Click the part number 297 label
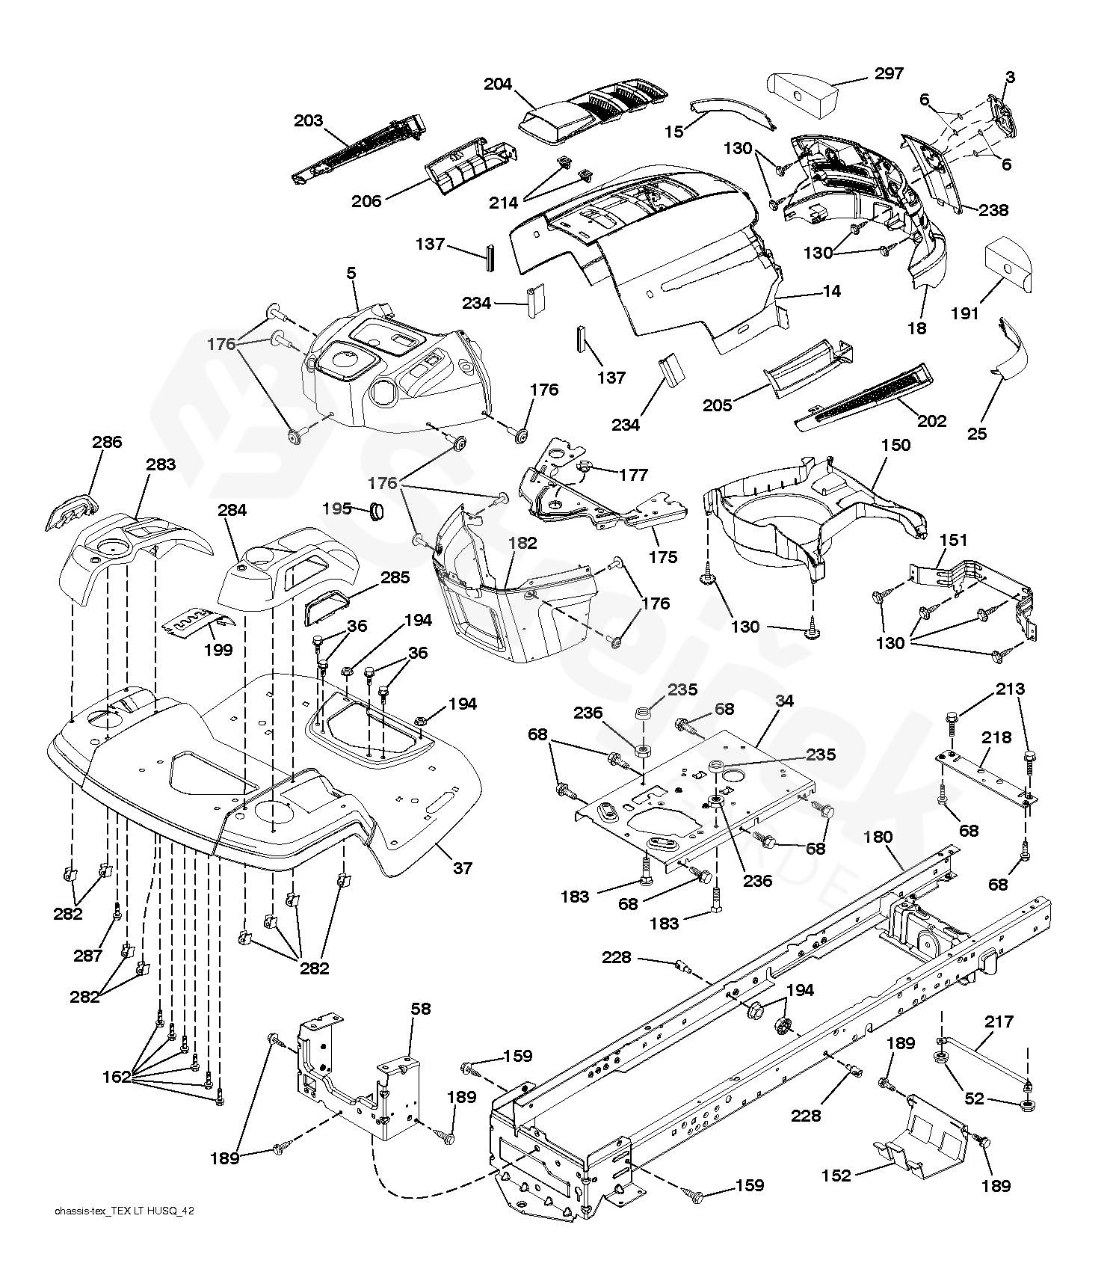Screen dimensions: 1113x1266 pyautogui.click(x=888, y=73)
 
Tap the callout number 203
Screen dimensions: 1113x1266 pyautogui.click(x=308, y=120)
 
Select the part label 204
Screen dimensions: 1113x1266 pyautogui.click(x=498, y=84)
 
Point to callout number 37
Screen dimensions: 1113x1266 pyautogui.click(x=463, y=868)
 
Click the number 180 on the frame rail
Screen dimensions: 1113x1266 pyautogui.click(x=878, y=837)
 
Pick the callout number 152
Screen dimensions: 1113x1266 pyautogui.click(x=836, y=1176)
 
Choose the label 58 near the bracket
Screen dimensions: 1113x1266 pyautogui.click(x=421, y=1009)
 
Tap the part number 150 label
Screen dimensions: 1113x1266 pyautogui.click(x=895, y=445)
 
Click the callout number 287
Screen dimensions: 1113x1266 pyautogui.click(x=88, y=955)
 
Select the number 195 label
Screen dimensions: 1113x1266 pyautogui.click(x=336, y=508)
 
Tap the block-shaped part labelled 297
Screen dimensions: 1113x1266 pyautogui.click(x=804, y=93)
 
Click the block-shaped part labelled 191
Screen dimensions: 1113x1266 pyautogui.click(x=1010, y=265)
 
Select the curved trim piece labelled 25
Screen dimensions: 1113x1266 pyautogui.click(x=1013, y=348)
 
